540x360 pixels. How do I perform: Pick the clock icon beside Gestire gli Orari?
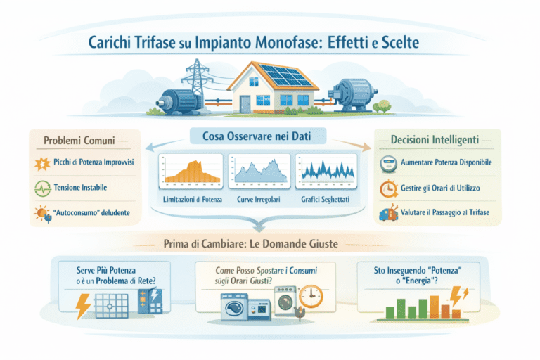click(387, 188)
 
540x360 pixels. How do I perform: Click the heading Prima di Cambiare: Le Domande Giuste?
click(270, 244)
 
